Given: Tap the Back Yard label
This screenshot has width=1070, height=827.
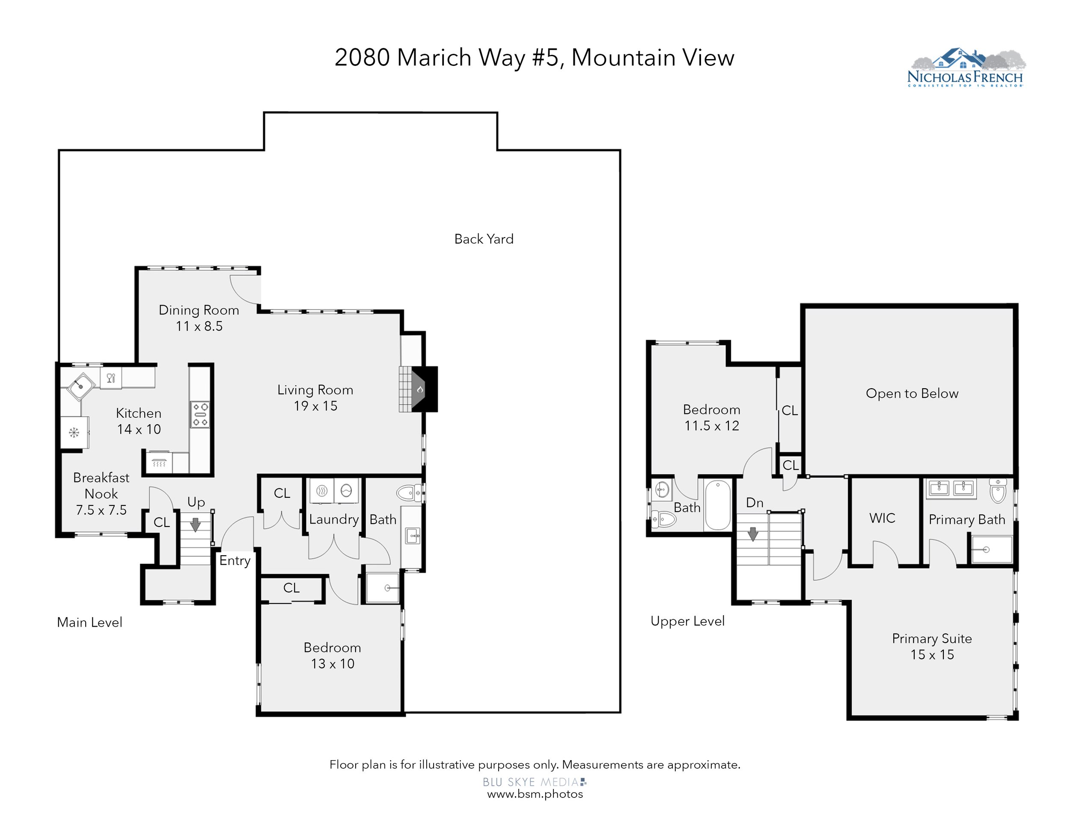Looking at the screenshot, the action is click(484, 239).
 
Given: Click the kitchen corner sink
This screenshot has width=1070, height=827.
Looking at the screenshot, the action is click(81, 387).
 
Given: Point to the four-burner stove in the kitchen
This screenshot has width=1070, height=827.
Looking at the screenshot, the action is click(200, 414).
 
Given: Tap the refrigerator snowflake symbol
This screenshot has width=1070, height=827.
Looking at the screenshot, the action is click(74, 433).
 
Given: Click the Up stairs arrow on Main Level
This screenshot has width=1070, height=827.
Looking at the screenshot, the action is click(196, 525).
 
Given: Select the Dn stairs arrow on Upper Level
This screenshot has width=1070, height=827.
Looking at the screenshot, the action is click(753, 533).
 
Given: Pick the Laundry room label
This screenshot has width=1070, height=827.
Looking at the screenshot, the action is click(334, 519).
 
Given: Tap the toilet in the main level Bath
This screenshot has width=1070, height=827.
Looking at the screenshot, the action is click(409, 492).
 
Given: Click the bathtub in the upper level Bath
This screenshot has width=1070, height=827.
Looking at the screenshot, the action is click(718, 505).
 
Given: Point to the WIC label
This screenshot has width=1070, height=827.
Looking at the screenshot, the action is click(883, 518).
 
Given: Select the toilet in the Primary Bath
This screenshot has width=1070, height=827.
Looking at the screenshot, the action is click(998, 491).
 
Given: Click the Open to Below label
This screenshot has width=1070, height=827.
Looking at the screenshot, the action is click(912, 393).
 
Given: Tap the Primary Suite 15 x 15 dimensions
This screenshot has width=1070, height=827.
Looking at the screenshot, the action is click(932, 654).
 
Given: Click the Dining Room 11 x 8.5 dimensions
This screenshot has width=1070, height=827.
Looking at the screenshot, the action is click(199, 326).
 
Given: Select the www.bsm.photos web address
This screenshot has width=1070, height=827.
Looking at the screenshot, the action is click(535, 794).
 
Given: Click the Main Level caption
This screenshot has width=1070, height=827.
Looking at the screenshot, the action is click(89, 622).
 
